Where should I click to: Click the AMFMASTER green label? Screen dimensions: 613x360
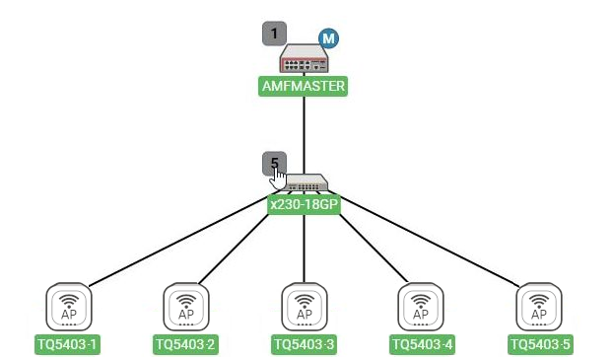(303, 86)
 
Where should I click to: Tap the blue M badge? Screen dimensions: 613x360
(328, 38)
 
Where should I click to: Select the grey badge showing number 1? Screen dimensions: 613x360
(274, 34)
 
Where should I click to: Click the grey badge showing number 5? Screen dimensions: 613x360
(274, 163)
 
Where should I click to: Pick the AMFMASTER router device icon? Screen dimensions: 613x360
(305, 58)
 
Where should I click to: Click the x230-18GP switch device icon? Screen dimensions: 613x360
(306, 182)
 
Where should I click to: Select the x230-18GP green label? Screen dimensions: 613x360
(304, 204)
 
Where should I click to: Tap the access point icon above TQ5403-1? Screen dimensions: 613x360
(69, 307)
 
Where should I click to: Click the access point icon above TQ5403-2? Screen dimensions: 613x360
(186, 307)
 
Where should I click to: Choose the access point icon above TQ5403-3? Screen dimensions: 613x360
(305, 307)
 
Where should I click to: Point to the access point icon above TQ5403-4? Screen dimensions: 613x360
(421, 307)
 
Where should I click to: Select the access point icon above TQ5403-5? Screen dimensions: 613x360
(539, 307)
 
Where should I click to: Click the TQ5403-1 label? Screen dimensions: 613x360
(67, 345)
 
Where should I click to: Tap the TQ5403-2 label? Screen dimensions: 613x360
(185, 345)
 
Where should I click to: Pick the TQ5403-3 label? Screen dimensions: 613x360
(304, 345)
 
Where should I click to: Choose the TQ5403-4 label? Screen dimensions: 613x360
(422, 345)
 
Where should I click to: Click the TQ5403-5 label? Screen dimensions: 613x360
(540, 345)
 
